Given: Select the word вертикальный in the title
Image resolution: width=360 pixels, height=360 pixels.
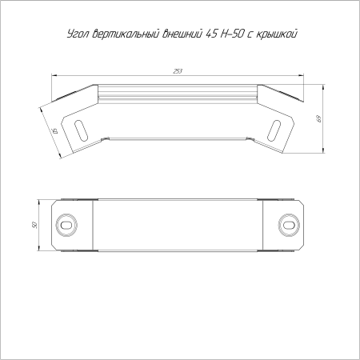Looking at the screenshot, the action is [126, 34].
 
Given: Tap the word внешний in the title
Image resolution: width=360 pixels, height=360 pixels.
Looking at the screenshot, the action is [182, 34].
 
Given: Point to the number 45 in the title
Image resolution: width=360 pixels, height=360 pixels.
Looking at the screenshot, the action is [211, 34].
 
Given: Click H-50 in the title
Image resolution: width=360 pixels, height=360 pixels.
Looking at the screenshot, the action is [231, 34].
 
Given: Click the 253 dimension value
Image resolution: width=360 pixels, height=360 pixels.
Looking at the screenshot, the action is [178, 71].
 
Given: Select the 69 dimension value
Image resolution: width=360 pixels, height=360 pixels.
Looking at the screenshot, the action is [319, 118].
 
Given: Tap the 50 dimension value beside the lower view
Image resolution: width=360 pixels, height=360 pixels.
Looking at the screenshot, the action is [34, 225].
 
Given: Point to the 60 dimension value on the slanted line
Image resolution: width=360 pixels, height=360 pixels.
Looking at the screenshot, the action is [54, 131].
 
